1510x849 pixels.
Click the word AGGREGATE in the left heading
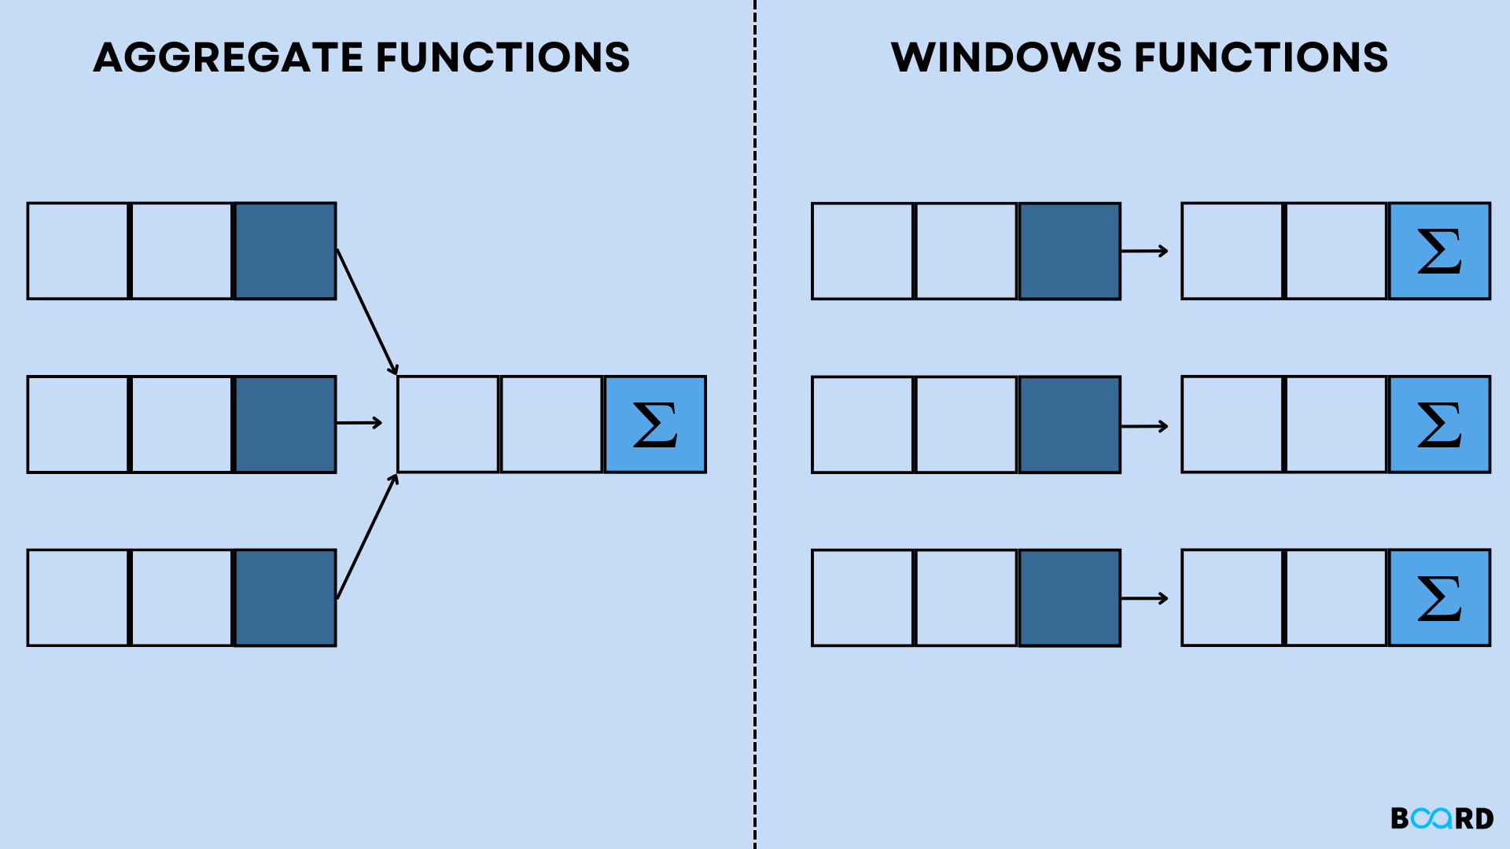[228, 57]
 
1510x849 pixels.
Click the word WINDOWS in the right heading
[1006, 57]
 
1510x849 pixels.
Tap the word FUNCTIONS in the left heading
[503, 57]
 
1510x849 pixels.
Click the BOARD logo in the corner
[1442, 818]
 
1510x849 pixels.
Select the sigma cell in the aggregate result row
[655, 424]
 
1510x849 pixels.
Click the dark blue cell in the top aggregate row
[285, 251]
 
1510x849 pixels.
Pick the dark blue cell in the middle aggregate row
[285, 424]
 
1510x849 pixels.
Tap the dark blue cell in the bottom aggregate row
[285, 598]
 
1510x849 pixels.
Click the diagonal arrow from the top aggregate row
[366, 311]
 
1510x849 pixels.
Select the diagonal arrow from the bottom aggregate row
[366, 538]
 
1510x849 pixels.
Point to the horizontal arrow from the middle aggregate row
[359, 423]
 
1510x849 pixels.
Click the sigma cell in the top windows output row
[1439, 251]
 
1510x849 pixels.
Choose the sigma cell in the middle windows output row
[1439, 424]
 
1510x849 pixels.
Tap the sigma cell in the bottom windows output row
[1439, 598]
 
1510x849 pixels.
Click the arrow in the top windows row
[1144, 251]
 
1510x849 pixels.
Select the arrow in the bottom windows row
[1144, 598]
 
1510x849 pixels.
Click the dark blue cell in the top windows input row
[1070, 251]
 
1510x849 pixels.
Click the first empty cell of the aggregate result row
[448, 424]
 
